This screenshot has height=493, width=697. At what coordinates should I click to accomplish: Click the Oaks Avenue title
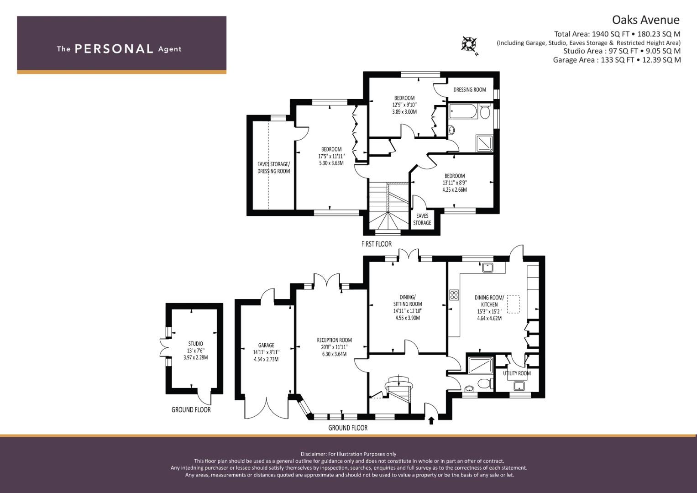pos(646,20)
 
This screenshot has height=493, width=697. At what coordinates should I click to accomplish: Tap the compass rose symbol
pos(469,44)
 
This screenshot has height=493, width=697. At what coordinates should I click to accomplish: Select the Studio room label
pos(195,344)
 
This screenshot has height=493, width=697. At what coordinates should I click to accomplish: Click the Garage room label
pos(266,345)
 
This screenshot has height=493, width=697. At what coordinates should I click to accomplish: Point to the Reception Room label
pos(334,340)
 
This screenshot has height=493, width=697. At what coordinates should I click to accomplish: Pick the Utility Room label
pos(517,373)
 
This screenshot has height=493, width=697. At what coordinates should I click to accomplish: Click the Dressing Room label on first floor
pos(470,89)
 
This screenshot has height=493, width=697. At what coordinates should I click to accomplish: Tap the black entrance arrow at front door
pos(431,421)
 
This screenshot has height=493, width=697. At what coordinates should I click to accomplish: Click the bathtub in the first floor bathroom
pos(463,111)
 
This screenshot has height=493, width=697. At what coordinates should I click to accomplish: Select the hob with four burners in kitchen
pos(454,295)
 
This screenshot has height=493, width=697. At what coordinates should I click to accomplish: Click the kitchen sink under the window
pos(487,267)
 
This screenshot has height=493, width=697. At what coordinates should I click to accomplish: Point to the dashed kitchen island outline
pos(514,304)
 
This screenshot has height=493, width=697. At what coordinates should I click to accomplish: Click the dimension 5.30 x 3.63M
pos(331,163)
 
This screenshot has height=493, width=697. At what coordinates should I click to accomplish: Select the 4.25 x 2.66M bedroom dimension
pos(455,189)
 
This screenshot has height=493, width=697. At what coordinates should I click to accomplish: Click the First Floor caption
pos(377,244)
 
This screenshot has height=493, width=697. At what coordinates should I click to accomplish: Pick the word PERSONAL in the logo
pos(114,49)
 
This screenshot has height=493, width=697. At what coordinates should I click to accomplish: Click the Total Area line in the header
pos(617,34)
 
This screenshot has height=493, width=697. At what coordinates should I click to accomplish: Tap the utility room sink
pos(519,386)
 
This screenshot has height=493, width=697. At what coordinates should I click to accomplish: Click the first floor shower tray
pos(485,144)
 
